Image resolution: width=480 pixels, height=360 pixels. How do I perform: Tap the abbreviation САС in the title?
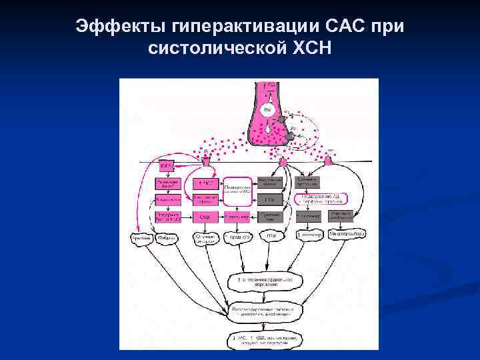click(343, 27)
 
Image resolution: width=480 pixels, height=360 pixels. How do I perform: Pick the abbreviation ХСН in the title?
click(309, 49)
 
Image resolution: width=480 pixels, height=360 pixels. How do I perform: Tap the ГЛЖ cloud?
click(271, 235)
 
